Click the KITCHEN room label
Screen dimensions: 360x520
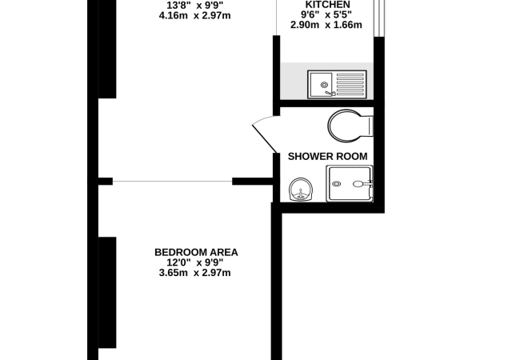pyautogui.click(x=328, y=4)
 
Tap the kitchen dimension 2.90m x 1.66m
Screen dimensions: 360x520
pyautogui.click(x=328, y=25)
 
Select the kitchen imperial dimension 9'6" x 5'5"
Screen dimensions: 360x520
pyautogui.click(x=328, y=14)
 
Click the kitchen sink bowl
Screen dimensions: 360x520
pyautogui.click(x=322, y=83)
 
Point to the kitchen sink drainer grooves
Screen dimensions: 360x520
pyautogui.click(x=350, y=83)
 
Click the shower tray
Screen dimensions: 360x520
pyautogui.click(x=349, y=183)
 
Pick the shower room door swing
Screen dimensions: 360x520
pyautogui.click(x=264, y=132)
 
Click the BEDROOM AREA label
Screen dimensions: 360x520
pyautogui.click(x=196, y=252)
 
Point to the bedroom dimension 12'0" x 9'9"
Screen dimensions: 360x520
pyautogui.click(x=196, y=262)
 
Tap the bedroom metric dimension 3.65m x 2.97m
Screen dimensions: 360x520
pyautogui.click(x=196, y=273)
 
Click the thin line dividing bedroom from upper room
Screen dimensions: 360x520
pyautogui.click(x=172, y=182)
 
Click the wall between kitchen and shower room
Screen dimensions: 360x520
pyautogui.click(x=328, y=102)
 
